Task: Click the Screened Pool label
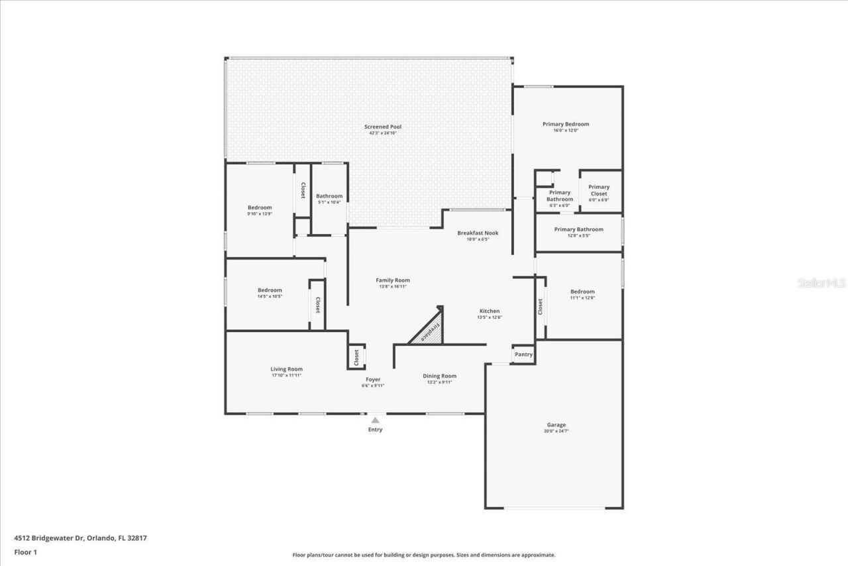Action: [382, 127]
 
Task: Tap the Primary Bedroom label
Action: [565, 124]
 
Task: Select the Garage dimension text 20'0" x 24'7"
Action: [556, 431]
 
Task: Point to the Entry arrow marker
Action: [375, 420]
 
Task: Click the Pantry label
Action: [523, 355]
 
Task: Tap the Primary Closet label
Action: [598, 190]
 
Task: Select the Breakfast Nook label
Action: [478, 233]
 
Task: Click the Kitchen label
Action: [490, 311]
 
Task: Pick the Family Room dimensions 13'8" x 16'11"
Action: [393, 287]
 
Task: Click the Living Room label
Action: [286, 369]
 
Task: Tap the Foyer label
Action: [372, 379]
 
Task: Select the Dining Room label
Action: [439, 376]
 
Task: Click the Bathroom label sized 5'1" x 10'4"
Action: [329, 196]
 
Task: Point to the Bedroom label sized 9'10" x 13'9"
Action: [260, 207]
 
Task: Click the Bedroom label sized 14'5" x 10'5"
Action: [270, 290]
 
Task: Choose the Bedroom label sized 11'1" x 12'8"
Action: [582, 292]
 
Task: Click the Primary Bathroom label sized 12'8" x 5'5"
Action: [578, 229]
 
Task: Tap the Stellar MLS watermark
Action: [821, 283]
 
